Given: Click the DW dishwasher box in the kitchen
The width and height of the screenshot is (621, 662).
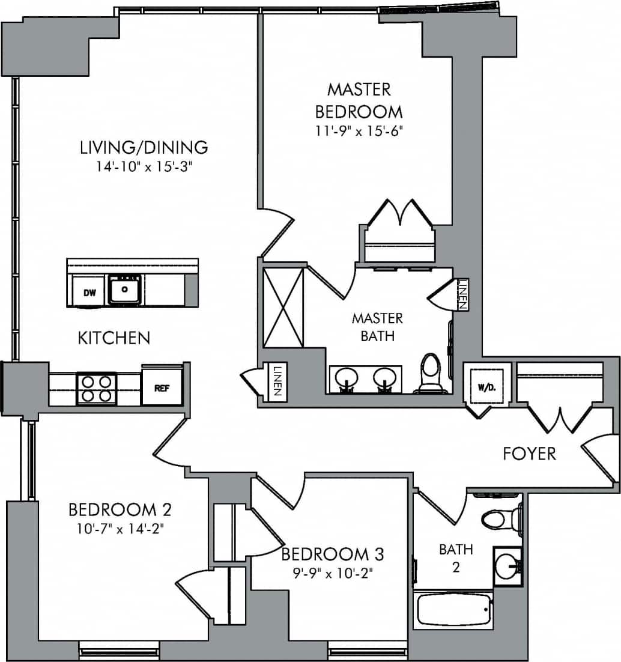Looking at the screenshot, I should (x=89, y=293).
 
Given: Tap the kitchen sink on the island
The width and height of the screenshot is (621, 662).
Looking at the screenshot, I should (x=125, y=290).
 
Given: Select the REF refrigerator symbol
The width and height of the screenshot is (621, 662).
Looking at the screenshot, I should (x=162, y=387).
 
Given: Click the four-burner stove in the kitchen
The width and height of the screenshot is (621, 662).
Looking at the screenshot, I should (x=96, y=388).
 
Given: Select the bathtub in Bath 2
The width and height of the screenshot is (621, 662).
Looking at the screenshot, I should (x=453, y=610).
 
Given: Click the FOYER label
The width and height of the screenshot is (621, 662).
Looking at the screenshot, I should (x=529, y=454).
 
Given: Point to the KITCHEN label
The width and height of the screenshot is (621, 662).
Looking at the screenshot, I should (x=114, y=338).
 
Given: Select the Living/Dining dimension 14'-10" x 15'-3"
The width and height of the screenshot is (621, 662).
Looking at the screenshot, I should (x=144, y=166).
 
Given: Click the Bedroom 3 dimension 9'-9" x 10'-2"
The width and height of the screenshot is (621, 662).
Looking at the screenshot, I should (x=332, y=573).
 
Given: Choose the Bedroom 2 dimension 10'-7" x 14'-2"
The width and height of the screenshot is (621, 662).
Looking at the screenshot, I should (x=120, y=529).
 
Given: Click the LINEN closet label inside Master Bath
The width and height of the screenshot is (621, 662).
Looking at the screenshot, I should (x=461, y=294).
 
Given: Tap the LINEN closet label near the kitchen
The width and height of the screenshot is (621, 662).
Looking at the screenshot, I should (x=277, y=381).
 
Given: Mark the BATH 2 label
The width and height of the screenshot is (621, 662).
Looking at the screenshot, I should (x=456, y=557).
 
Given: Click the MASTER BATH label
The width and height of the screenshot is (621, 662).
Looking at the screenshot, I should (x=377, y=327).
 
